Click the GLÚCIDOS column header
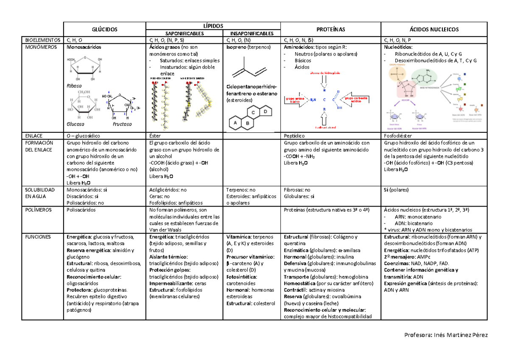(x=104, y=29)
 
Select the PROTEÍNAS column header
(x=331, y=29)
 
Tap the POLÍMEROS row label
(x=39, y=210)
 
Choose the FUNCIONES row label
(x=38, y=237)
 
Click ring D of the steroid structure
(x=265, y=112)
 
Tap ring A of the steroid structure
(x=233, y=123)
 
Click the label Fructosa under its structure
(x=122, y=124)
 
